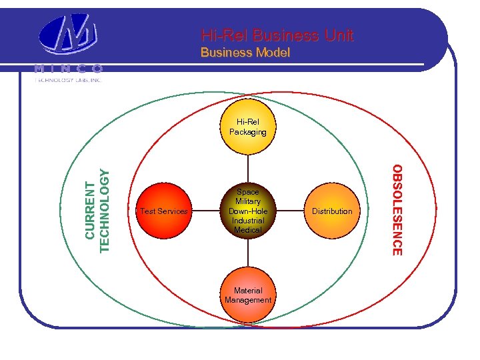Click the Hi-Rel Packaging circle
pos(248,127)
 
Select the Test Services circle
pos(165,211)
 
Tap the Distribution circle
pos(332,211)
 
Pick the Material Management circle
pos(248,295)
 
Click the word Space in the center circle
pos(248,192)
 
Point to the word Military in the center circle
pos(248,201)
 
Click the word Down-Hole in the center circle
pos(248,211)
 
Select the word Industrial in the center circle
pos(248,220)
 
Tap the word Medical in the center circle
pos(248,230)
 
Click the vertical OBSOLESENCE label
pos(397,210)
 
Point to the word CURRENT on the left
pos(90,210)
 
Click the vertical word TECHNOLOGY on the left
pos(104,210)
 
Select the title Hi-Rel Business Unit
pos(277,35)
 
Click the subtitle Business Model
pos(245,52)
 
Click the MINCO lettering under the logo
pos(69,69)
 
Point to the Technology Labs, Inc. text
pos(69,79)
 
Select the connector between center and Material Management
pos(248,254)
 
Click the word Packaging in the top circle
pos(248,132)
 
